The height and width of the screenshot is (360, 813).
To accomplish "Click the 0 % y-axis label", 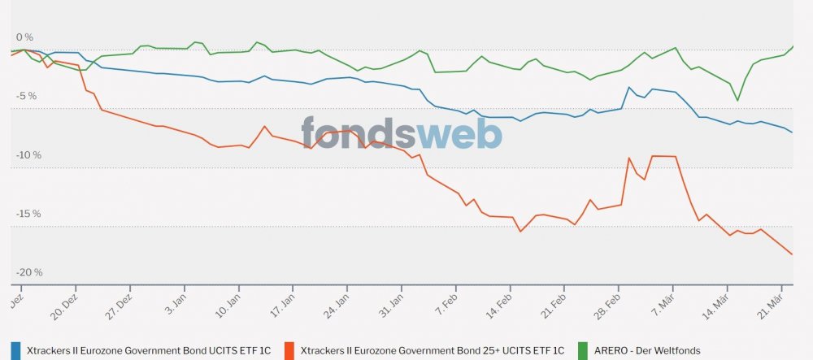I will point(24,37).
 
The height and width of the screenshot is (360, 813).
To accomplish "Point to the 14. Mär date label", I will point(720,302).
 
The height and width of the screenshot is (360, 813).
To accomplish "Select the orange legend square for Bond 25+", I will point(289,349).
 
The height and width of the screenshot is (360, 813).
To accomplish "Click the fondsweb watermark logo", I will point(402,132).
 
